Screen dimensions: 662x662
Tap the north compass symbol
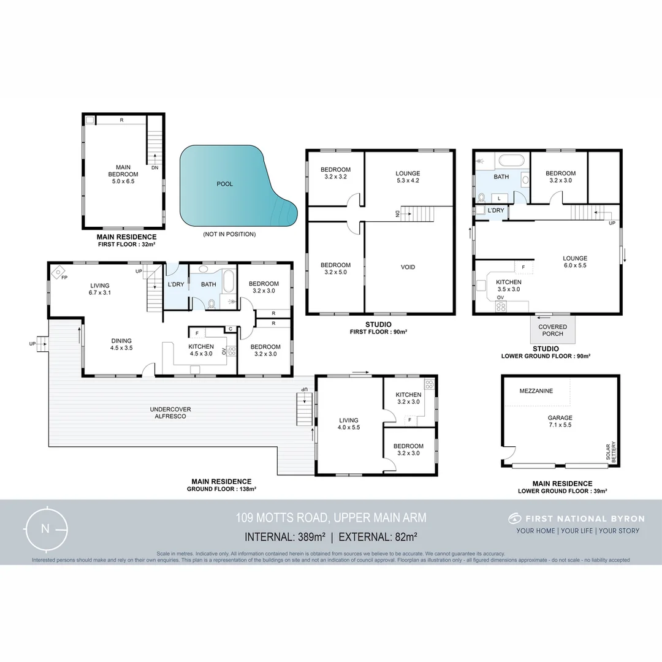45,529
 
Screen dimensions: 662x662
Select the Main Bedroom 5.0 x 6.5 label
123,173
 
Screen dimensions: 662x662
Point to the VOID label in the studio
408,267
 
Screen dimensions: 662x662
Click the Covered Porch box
552,330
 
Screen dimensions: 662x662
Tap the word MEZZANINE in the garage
536,390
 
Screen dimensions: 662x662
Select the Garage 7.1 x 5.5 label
560,421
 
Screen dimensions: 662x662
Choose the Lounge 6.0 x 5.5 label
575,262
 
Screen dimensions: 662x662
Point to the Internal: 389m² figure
285,537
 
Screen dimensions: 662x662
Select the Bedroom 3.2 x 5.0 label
335,268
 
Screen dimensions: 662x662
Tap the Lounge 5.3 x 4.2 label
408,177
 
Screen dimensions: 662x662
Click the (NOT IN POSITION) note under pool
229,234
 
